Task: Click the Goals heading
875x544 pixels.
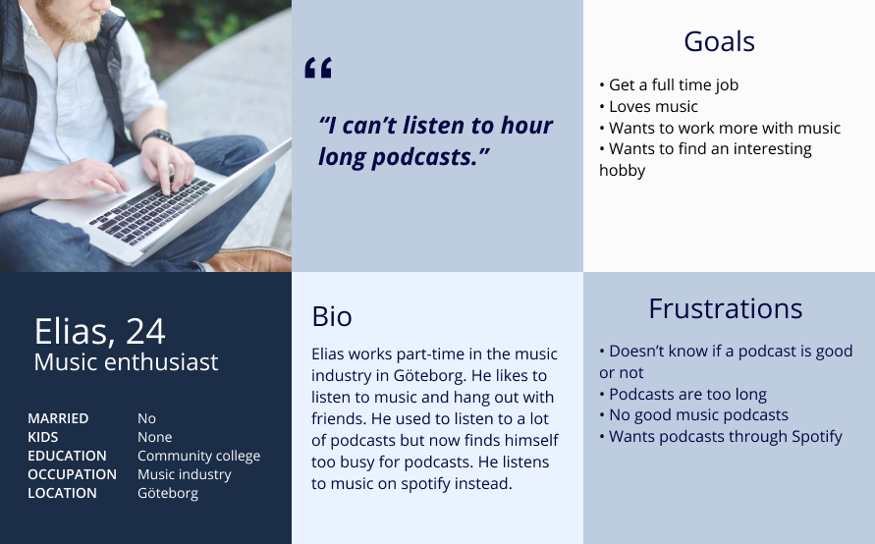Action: click(719, 42)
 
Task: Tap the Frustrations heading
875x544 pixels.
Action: click(726, 308)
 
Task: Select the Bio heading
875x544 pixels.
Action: click(332, 316)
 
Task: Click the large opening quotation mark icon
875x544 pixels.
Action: click(318, 67)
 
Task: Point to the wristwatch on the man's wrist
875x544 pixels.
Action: click(157, 136)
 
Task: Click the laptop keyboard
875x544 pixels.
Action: click(152, 210)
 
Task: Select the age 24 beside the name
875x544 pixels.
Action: click(145, 332)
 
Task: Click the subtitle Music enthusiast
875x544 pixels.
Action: click(126, 362)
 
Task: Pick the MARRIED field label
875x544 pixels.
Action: click(58, 418)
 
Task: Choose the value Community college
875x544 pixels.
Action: click(198, 456)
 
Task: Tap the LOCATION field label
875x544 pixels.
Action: click(62, 493)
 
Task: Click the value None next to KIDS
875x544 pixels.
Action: click(154, 437)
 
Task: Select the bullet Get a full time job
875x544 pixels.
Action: click(669, 84)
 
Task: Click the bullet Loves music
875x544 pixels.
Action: click(648, 107)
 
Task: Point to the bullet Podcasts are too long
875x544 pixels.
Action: click(684, 395)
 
